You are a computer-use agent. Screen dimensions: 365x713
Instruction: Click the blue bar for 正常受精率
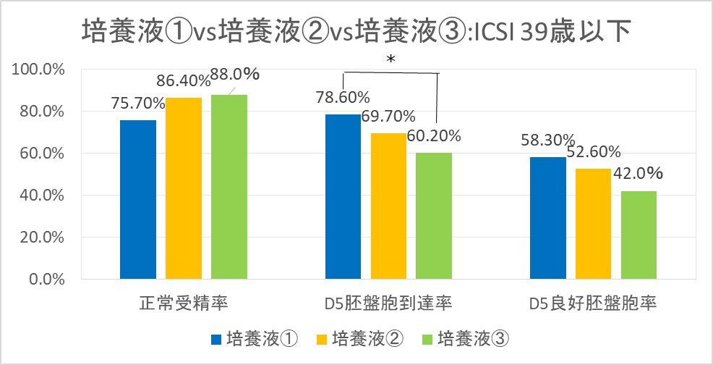click(138, 199)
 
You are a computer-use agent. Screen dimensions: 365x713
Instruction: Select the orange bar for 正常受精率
click(184, 188)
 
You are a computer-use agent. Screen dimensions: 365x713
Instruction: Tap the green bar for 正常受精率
click(229, 186)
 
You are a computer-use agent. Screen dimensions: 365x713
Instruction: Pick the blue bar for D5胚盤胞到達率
click(343, 196)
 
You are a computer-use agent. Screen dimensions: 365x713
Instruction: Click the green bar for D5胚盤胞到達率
click(434, 215)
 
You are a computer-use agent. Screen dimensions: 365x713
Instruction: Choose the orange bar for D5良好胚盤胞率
click(593, 223)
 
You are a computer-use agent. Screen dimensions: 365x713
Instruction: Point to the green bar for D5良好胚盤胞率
click(639, 235)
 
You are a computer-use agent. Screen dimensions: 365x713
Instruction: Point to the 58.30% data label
click(547, 140)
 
